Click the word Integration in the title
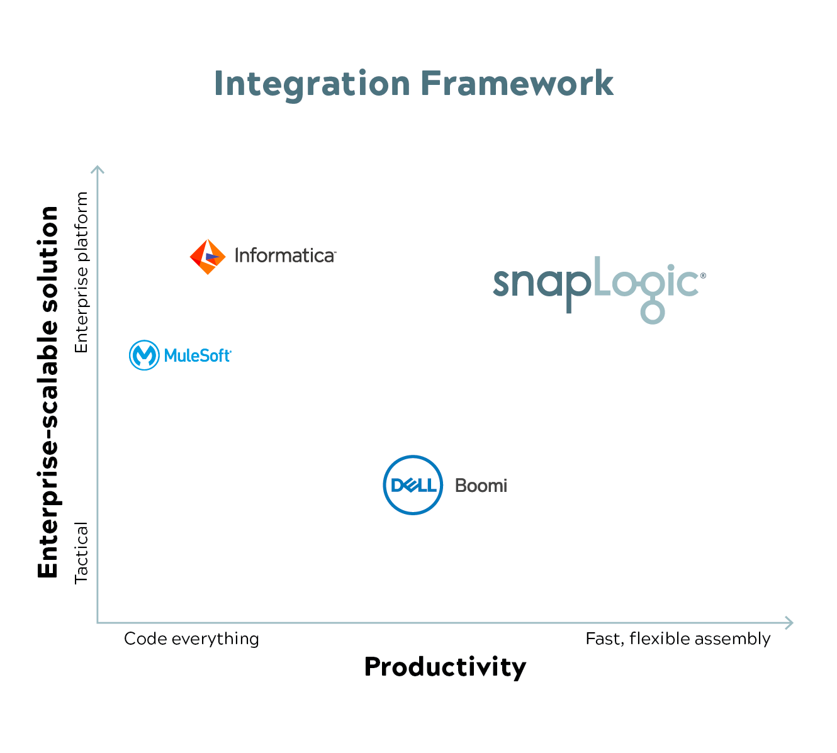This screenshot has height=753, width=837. (312, 85)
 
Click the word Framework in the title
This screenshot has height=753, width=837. (517, 84)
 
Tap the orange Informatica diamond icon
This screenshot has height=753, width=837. (208, 257)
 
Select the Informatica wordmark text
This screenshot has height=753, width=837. (285, 256)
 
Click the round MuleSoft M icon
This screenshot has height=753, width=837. (144, 355)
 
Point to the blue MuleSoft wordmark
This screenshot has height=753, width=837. (198, 355)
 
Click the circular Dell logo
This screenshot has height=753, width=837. (413, 485)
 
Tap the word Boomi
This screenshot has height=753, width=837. (481, 486)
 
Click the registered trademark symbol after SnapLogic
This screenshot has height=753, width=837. (703, 276)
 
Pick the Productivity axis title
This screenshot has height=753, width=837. (445, 667)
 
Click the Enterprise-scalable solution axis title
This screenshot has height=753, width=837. (48, 392)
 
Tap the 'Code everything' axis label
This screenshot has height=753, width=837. (191, 639)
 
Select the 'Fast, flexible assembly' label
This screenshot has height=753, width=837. (678, 639)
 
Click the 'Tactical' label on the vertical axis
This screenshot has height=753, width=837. (81, 553)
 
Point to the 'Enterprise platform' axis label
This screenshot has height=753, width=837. (81, 272)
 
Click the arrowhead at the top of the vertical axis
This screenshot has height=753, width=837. (97, 169)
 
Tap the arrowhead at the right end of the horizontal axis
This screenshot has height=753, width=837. (789, 623)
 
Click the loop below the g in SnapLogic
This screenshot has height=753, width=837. (653, 312)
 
